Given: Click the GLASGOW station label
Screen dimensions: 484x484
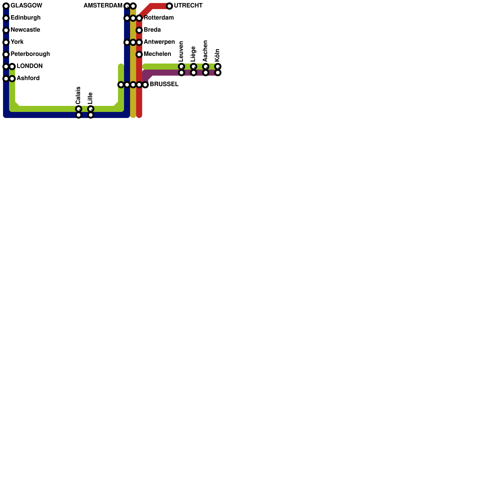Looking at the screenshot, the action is click(x=26, y=6).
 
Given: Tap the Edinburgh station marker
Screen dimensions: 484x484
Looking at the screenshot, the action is click(x=6, y=18).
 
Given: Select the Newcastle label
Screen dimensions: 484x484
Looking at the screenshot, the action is click(x=25, y=30).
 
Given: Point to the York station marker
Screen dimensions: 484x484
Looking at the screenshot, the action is click(x=6, y=42).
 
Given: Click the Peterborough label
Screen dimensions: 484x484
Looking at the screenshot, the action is click(x=30, y=54).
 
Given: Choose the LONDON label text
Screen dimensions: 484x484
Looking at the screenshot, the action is click(x=29, y=66).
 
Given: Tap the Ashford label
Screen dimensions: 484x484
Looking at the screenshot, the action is click(x=28, y=78).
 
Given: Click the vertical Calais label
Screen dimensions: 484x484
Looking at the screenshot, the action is click(x=78, y=95).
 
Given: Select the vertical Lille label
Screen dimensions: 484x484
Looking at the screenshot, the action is click(x=90, y=98).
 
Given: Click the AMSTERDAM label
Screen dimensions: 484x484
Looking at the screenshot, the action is click(x=103, y=6).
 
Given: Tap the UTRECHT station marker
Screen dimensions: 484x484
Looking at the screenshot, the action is click(x=169, y=6).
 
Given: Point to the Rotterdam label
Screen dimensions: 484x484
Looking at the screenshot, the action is click(x=159, y=18).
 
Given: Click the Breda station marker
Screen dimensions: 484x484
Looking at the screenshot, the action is click(x=139, y=30).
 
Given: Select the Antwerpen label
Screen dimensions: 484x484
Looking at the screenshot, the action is click(x=159, y=42).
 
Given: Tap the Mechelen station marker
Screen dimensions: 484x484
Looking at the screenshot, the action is click(x=139, y=54).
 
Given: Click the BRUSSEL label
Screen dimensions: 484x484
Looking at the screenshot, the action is click(x=164, y=84).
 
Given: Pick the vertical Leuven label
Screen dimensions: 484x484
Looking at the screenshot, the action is click(x=181, y=51).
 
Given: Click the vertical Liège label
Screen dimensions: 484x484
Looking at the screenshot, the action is click(x=193, y=54).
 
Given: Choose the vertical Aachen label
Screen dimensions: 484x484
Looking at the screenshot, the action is click(x=205, y=51).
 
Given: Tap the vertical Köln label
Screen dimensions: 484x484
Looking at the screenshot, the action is click(x=217, y=55).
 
